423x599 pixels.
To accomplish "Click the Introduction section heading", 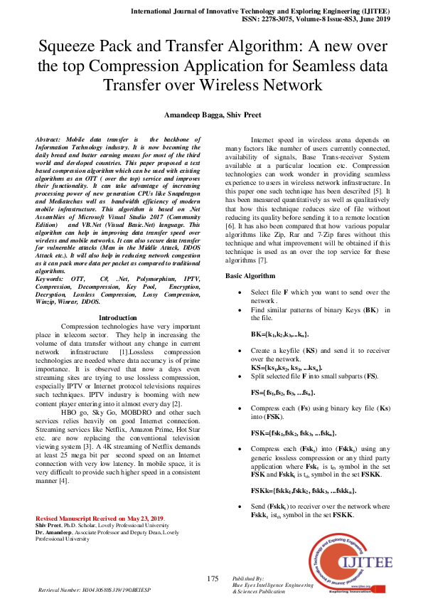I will click(x=118, y=317).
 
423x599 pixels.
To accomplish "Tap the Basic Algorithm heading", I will click(x=250, y=275).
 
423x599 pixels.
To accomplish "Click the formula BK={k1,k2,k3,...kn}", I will click(x=279, y=334).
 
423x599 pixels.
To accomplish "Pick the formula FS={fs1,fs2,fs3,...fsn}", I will click(x=278, y=392).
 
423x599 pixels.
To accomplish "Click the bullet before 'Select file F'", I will click(x=242, y=292).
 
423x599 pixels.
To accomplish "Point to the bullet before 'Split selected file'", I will click(x=242, y=375).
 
